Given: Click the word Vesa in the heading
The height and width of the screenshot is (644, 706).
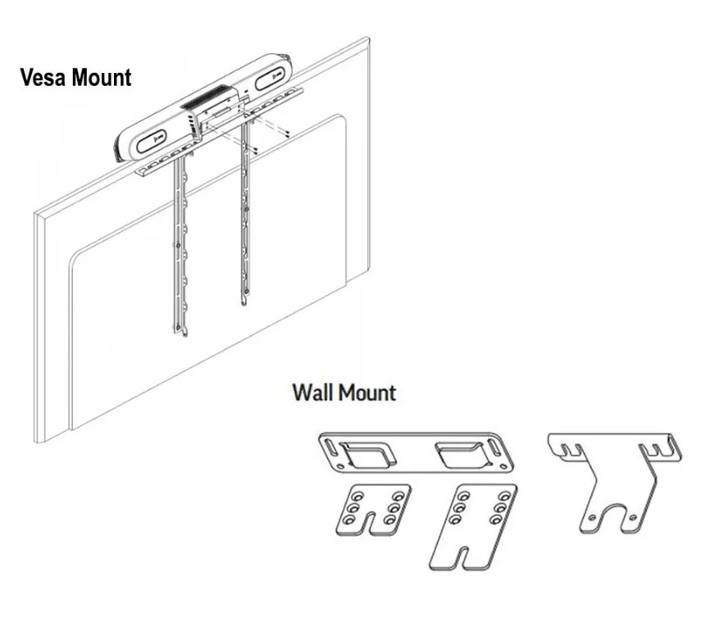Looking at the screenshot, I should [43, 78].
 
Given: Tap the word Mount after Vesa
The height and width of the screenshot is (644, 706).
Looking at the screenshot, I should [101, 78].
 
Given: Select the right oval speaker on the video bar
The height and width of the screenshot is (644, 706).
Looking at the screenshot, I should [270, 81].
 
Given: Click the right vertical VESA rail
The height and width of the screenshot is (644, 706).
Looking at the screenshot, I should [244, 221].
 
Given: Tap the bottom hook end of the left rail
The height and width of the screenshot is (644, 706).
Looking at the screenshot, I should [180, 329].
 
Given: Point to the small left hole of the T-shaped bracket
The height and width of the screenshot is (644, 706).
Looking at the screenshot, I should [588, 518].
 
